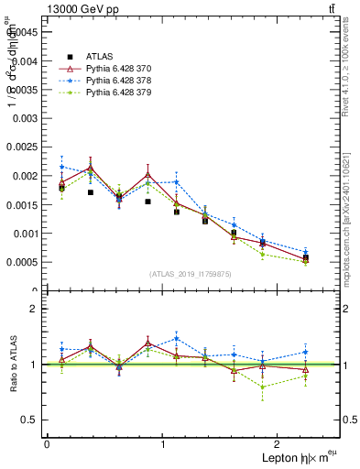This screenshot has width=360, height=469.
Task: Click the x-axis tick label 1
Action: tap(163, 443)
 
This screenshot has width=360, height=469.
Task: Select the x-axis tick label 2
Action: tap(279, 443)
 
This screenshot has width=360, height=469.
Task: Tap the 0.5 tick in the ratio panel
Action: tap(29, 420)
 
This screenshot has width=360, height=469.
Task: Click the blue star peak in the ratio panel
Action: tap(175, 338)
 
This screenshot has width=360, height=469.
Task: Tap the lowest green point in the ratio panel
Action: tap(264, 387)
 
